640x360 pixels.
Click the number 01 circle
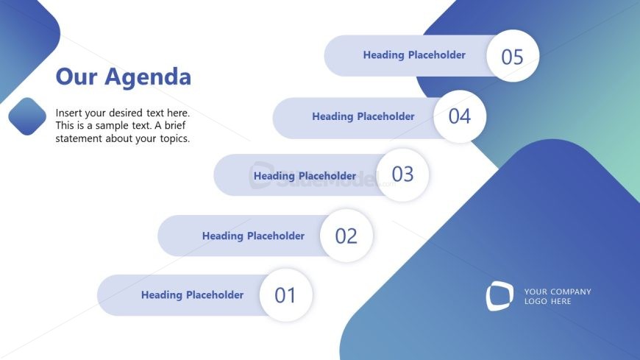pyautogui.click(x=285, y=295)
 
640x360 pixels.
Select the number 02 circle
pyautogui.click(x=346, y=236)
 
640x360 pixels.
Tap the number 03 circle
pyautogui.click(x=402, y=174)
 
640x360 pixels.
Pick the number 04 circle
pyautogui.click(x=460, y=116)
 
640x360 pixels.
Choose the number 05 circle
pyautogui.click(x=513, y=56)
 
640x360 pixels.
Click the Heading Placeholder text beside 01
pyautogui.click(x=192, y=295)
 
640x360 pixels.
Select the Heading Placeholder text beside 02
pyautogui.click(x=254, y=236)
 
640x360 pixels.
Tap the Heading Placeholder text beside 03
pyautogui.click(x=305, y=176)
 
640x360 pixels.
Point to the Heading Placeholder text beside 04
pyautogui.click(x=363, y=116)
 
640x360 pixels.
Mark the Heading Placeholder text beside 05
pyautogui.click(x=414, y=55)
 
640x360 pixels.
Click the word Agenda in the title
pyautogui.click(x=148, y=77)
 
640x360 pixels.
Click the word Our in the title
pyautogui.click(x=77, y=77)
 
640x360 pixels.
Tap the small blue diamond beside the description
pyautogui.click(x=27, y=116)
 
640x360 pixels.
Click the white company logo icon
pyautogui.click(x=499, y=296)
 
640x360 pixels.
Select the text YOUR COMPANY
pyautogui.click(x=558, y=292)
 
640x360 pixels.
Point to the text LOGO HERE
pyautogui.click(x=548, y=301)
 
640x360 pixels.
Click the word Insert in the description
pyautogui.click(x=68, y=113)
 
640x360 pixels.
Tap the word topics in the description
pyautogui.click(x=175, y=139)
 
